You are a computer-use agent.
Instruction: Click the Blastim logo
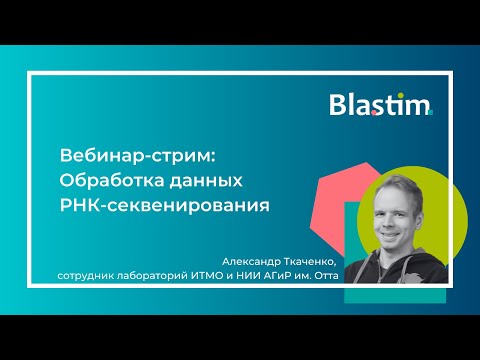(x=381, y=105)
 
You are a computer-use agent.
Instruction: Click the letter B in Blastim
(x=339, y=105)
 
